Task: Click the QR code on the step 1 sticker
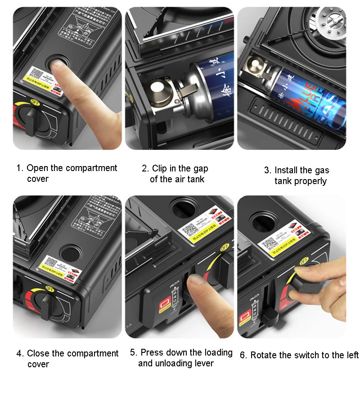36,73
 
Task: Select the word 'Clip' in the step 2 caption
159,168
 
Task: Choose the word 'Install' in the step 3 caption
287,170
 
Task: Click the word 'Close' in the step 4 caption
38,353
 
